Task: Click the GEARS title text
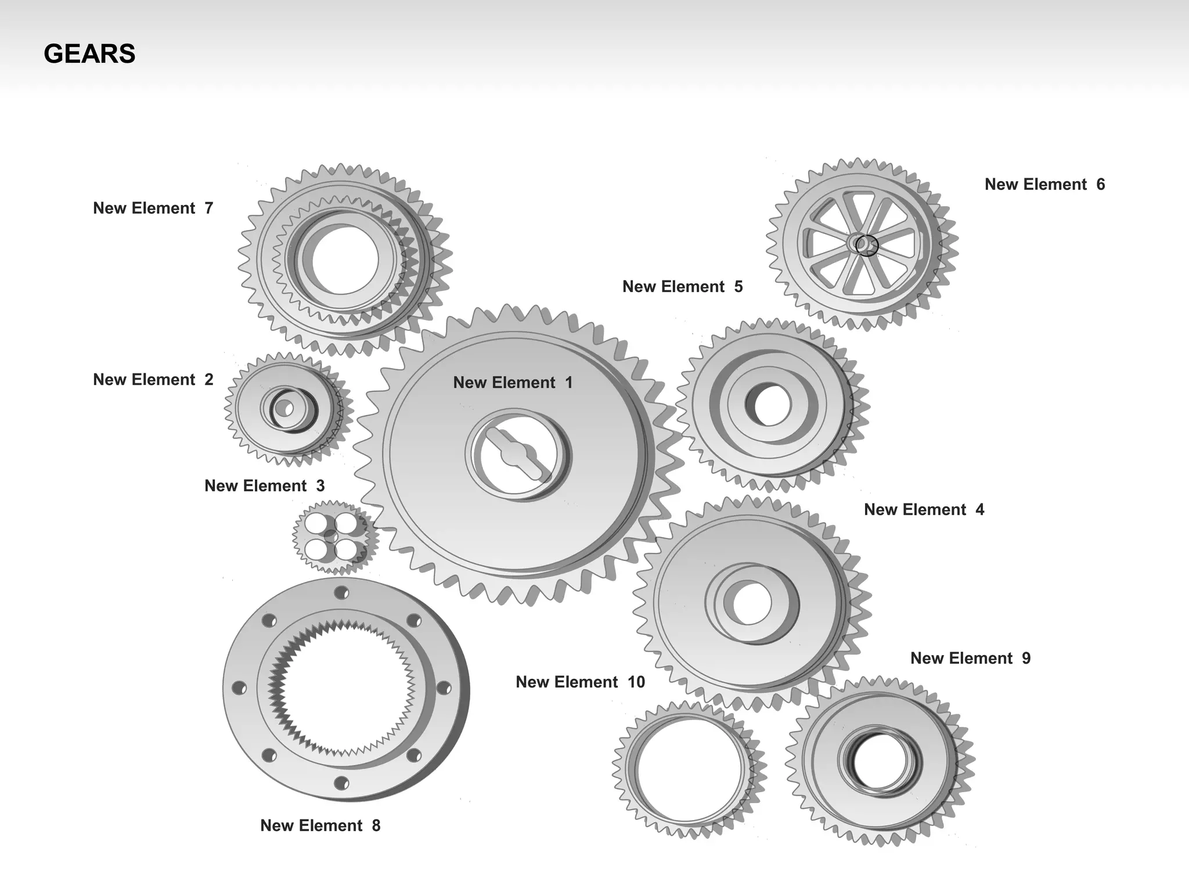coord(89,54)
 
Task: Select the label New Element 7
coord(153,208)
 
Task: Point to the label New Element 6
coord(1044,184)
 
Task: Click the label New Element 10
coord(580,682)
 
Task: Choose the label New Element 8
coord(320,825)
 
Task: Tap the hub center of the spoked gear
coord(862,244)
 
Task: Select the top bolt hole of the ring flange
coord(341,593)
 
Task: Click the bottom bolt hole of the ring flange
coord(341,783)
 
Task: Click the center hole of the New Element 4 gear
coord(752,603)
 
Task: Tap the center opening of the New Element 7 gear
coord(345,260)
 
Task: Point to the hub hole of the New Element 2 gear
coord(286,409)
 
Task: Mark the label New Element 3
coord(264,485)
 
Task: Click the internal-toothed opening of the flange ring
coord(343,689)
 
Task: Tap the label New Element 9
coord(970,658)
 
